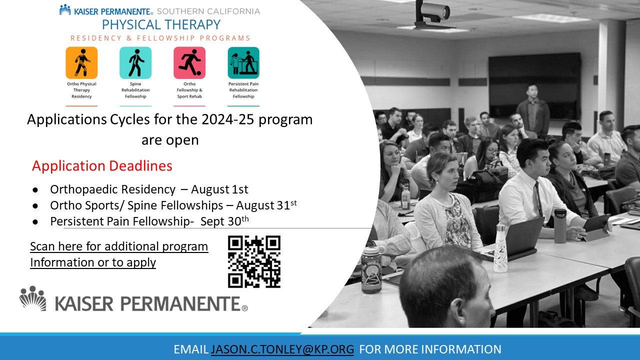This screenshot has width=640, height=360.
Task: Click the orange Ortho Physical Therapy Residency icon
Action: pyautogui.click(x=81, y=63)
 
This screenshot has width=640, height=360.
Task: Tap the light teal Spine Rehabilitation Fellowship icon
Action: pyautogui.click(x=135, y=63)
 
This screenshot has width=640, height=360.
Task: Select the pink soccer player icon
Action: pyautogui.click(x=189, y=63)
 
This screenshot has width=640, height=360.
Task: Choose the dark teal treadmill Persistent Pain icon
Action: pyautogui.click(x=243, y=63)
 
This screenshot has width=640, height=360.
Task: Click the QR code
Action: pyautogui.click(x=254, y=261)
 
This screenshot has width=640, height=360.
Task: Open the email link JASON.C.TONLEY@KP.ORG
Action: pyautogui.click(x=282, y=349)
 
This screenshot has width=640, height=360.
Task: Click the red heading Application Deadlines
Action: pyautogui.click(x=102, y=165)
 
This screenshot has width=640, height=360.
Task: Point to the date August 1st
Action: pyautogui.click(x=219, y=189)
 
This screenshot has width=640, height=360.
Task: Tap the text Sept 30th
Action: pyautogui.click(x=224, y=221)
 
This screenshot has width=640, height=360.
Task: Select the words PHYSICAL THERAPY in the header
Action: pyautogui.click(x=161, y=24)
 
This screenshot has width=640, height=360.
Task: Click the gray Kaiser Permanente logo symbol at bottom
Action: pyautogui.click(x=32, y=298)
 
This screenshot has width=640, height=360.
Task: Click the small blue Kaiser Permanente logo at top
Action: pyautogui.click(x=65, y=9)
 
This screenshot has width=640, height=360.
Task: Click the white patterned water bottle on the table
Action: pyautogui.click(x=500, y=248)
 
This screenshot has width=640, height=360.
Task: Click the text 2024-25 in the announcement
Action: pyautogui.click(x=227, y=119)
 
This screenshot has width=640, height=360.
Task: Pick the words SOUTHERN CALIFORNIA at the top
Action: pyautogui.click(x=208, y=11)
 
